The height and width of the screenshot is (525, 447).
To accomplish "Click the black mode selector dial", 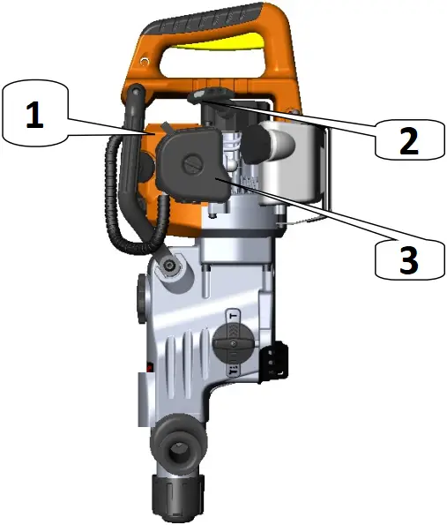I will click(233, 349).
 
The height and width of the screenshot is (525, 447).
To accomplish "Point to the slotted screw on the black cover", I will click(193, 161).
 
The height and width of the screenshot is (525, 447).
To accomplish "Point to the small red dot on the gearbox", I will click(151, 364).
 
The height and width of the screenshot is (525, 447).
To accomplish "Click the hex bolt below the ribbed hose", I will click(169, 266).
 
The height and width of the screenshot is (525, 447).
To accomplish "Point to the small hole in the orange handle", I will click(290, 111).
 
